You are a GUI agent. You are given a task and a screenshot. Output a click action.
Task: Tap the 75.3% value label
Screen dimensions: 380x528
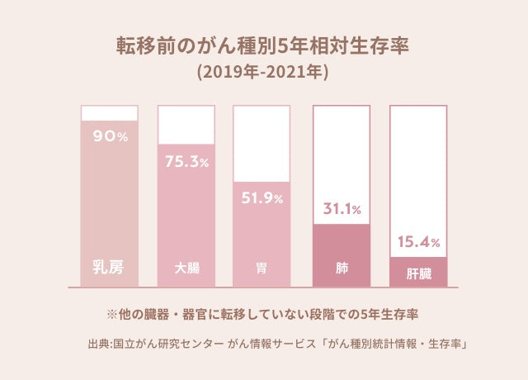(x=186, y=162)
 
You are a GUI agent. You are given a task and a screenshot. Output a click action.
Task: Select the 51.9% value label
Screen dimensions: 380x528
(x=262, y=198)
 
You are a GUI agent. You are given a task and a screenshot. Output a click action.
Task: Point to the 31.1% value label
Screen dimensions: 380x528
(x=340, y=210)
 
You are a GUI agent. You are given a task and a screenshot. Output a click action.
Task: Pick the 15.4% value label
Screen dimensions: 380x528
(x=418, y=243)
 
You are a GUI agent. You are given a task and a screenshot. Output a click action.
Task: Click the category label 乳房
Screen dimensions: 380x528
(x=109, y=268)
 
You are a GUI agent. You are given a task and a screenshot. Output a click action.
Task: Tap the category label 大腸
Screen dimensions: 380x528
(x=186, y=268)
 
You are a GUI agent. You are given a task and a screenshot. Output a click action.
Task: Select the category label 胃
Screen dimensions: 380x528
(x=262, y=268)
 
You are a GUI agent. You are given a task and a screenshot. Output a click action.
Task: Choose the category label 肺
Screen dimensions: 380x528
(x=340, y=268)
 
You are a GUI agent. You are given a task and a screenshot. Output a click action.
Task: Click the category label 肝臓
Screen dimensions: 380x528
(x=418, y=272)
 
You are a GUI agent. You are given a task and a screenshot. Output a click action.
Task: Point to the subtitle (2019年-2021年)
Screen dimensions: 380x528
(x=263, y=72)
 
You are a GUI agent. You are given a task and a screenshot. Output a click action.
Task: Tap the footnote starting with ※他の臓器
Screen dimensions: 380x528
(x=263, y=314)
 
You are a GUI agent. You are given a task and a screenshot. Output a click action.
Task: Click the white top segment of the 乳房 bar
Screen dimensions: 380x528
(x=109, y=113)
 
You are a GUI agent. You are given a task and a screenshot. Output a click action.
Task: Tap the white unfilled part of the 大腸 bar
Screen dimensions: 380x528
(x=186, y=125)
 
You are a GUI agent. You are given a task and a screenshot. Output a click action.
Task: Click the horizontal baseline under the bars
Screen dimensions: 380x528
(x=263, y=287)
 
